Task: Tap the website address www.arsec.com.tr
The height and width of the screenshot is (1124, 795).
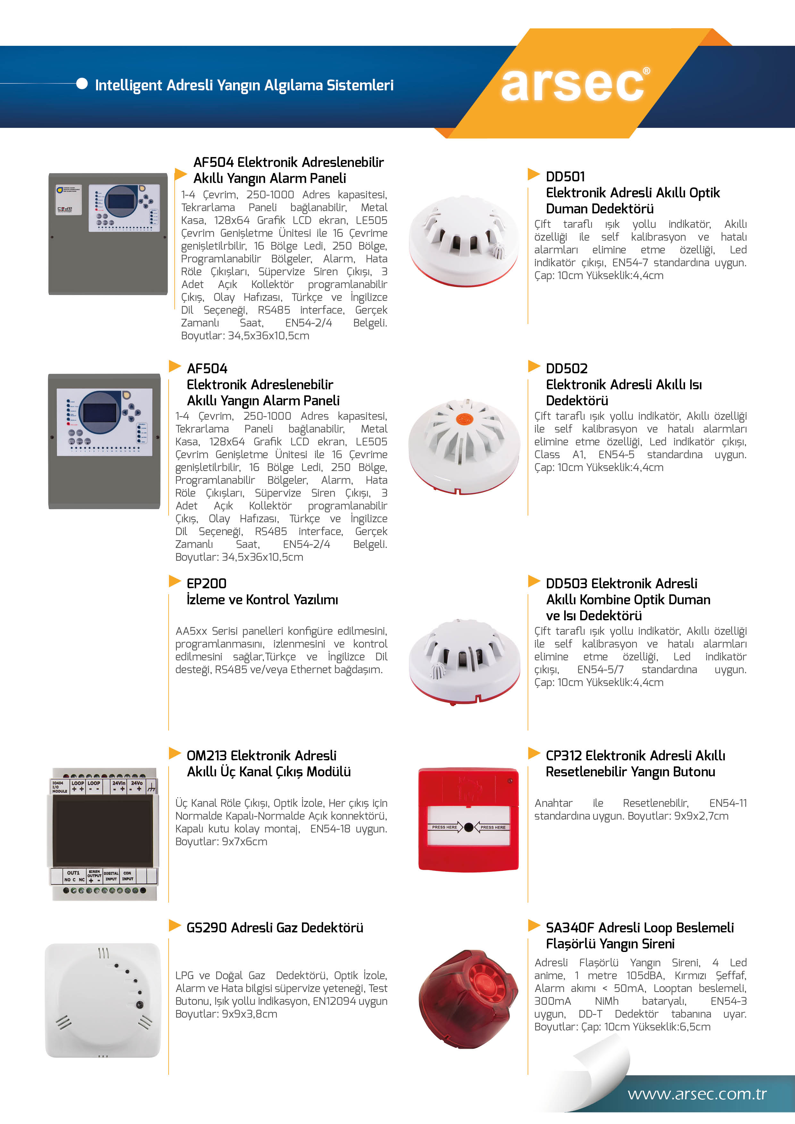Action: click(697, 1094)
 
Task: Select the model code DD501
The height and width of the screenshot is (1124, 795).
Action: click(565, 177)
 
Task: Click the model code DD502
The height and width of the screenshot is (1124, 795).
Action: click(566, 368)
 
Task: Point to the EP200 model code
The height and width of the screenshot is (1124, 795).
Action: click(206, 583)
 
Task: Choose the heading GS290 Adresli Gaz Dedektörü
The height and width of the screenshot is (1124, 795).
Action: click(275, 928)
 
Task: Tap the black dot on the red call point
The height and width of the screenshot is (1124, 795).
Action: click(468, 827)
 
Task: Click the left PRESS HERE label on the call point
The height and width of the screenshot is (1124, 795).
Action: click(444, 827)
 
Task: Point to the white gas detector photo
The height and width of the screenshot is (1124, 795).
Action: click(103, 1000)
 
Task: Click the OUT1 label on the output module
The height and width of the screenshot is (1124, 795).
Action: click(73, 872)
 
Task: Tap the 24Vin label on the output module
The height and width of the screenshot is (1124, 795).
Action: click(119, 783)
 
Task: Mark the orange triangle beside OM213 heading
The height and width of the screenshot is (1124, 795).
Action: click(175, 753)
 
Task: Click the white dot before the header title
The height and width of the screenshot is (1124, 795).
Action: click(82, 84)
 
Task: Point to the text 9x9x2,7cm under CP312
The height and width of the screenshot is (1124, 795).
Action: click(701, 816)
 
